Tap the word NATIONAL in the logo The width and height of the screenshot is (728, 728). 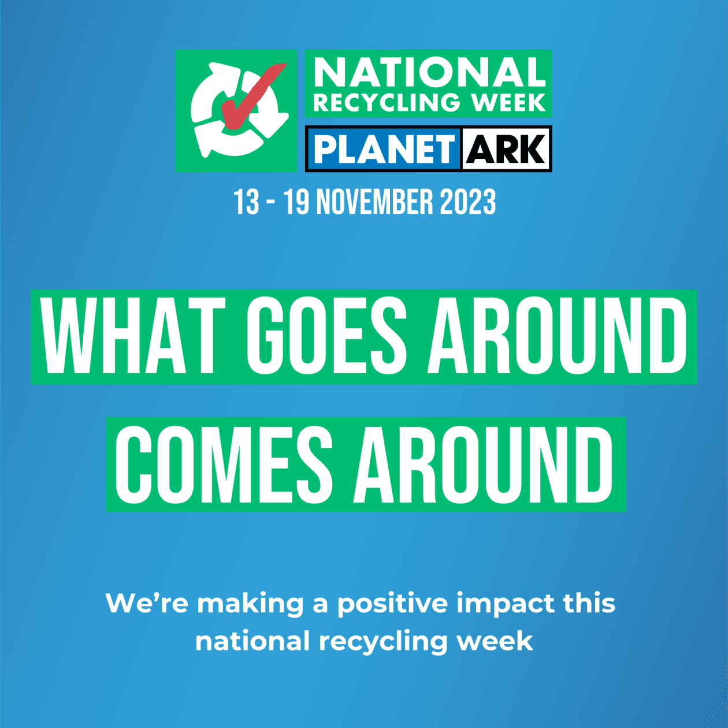[429, 73]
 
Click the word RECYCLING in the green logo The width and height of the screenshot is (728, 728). [387, 102]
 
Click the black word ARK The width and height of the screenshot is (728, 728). [506, 149]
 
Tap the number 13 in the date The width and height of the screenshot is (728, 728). [247, 202]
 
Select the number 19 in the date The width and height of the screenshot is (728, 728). [296, 202]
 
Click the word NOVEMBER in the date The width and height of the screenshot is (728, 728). [375, 202]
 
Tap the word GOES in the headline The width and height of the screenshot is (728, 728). [327, 336]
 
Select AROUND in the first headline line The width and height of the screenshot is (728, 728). [557, 336]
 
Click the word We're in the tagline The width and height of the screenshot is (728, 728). [147, 603]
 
